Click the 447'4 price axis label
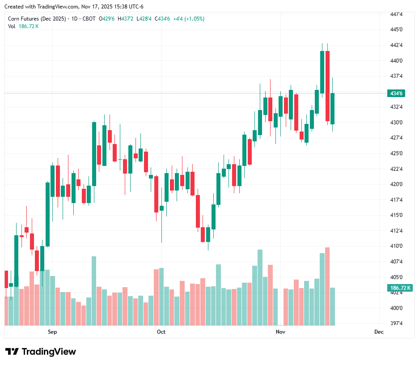pyautogui.click(x=396, y=14)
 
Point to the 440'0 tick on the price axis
pyautogui.click(x=396, y=61)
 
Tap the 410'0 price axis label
pyautogui.click(x=396, y=246)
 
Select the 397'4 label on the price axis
pyautogui.click(x=396, y=323)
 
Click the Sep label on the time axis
pyautogui.click(x=52, y=332)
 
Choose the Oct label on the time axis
pyautogui.click(x=161, y=332)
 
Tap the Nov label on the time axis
pyautogui.click(x=280, y=332)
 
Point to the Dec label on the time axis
pyautogui.click(x=379, y=332)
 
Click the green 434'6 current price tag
pyautogui.click(x=397, y=93)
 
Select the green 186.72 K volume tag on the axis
pyautogui.click(x=400, y=288)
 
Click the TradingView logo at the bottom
pyautogui.click(x=41, y=352)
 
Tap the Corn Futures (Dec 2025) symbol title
pyautogui.click(x=37, y=19)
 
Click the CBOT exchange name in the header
pyautogui.click(x=89, y=19)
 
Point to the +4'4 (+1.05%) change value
pyautogui.click(x=188, y=19)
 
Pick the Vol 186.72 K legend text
pyautogui.click(x=23, y=26)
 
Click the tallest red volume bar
pyautogui.click(x=327, y=286)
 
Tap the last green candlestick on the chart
pyautogui.click(x=332, y=108)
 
